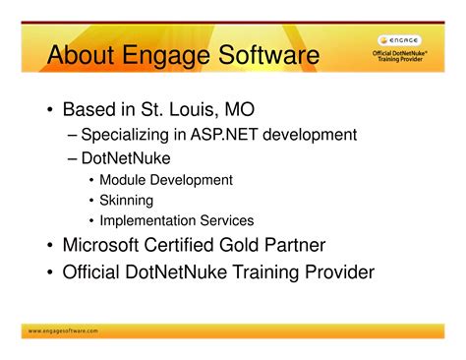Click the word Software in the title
pos(265,56)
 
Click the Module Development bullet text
pos(166,180)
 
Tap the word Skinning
pos(127,201)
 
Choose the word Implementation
pos(147,221)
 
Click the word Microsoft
pos(105,246)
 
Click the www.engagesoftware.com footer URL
pos(63,331)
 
